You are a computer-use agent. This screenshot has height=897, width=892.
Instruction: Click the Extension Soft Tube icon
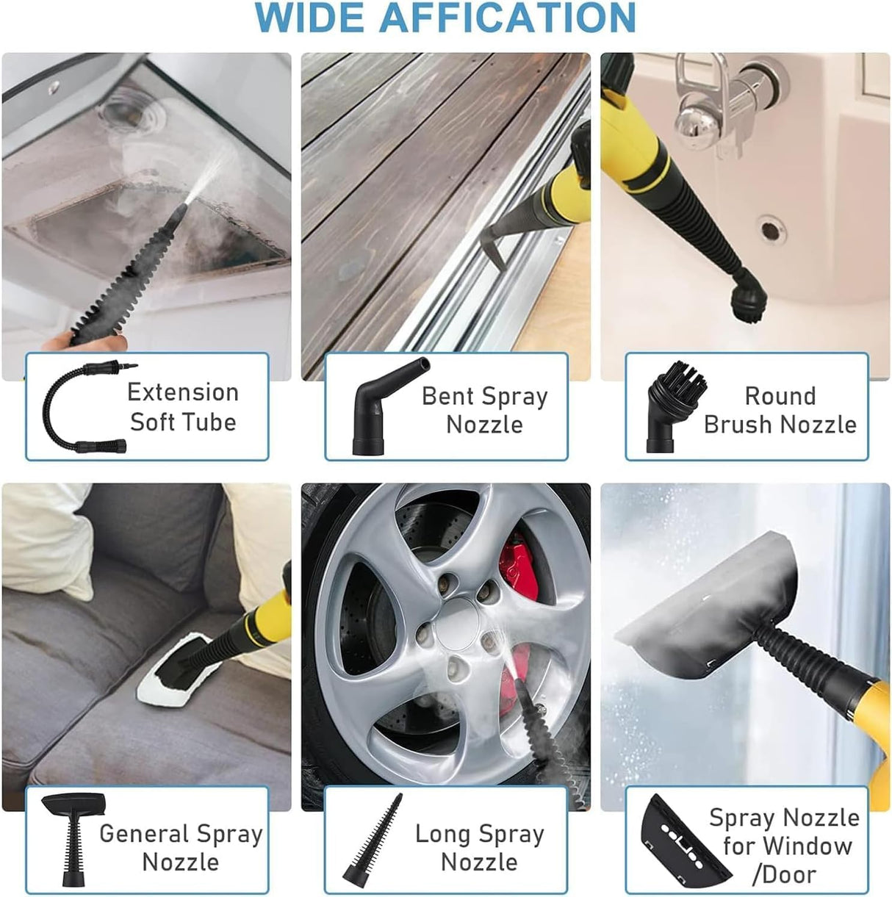point(84,406)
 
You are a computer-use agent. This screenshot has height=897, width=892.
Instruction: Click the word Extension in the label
point(183,392)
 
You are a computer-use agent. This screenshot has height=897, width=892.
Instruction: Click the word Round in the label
point(780,396)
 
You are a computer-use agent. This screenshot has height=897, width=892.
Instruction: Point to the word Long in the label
point(441,834)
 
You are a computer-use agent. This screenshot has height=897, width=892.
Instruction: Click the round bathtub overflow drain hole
point(770,228)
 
